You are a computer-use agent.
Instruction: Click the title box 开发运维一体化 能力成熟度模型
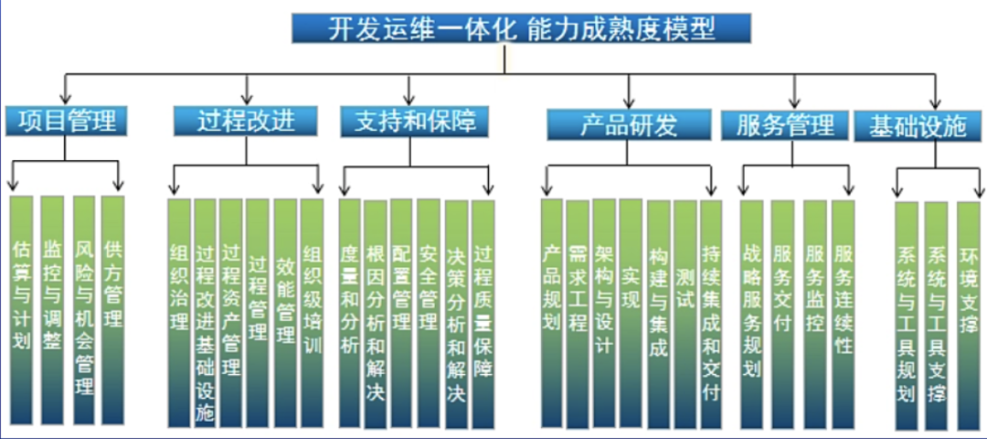[521, 28]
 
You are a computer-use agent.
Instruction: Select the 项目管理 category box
[67, 120]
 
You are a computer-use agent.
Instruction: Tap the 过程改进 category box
[246, 120]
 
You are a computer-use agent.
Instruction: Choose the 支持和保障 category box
[409, 121]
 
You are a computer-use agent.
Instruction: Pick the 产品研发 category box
[629, 124]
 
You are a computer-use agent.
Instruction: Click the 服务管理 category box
[785, 125]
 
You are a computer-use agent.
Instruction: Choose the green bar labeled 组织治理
[180, 311]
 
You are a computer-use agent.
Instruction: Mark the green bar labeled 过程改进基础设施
[206, 311]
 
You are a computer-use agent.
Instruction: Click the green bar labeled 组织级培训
[313, 311]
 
